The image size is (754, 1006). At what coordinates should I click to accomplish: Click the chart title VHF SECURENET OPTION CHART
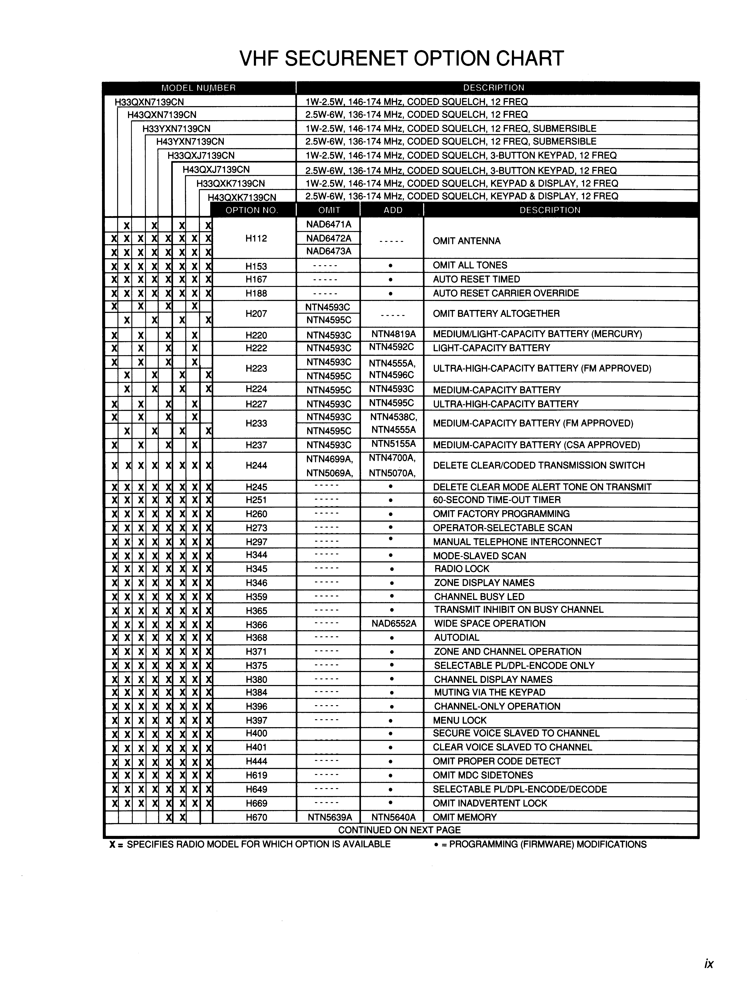401,59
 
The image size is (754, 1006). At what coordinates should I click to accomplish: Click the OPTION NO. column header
252,210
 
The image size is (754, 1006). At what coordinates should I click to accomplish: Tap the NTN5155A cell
393,444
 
